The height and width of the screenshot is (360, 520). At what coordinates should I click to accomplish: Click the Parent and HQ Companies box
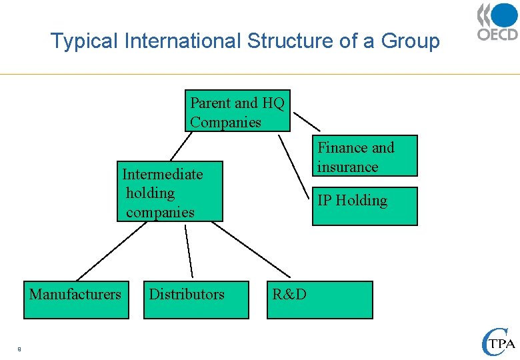coord(237,112)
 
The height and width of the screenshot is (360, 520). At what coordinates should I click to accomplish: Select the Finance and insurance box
coord(365,156)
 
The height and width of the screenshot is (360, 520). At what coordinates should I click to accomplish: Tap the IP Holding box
coord(365,206)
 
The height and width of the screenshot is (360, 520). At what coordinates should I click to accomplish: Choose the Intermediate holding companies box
coord(170,192)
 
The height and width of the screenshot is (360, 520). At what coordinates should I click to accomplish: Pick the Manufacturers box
coord(75,300)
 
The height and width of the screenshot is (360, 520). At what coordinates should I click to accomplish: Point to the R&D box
coord(320,300)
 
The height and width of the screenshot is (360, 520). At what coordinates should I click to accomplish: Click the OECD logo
coord(497,23)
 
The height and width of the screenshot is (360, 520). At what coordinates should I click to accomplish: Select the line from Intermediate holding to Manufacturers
coord(111,251)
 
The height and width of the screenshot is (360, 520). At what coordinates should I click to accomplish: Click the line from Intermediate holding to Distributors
coord(189,251)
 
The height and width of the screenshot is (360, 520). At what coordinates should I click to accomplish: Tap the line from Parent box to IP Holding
coord(295,167)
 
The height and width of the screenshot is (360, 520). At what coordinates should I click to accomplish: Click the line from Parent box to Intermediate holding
coord(181,146)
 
